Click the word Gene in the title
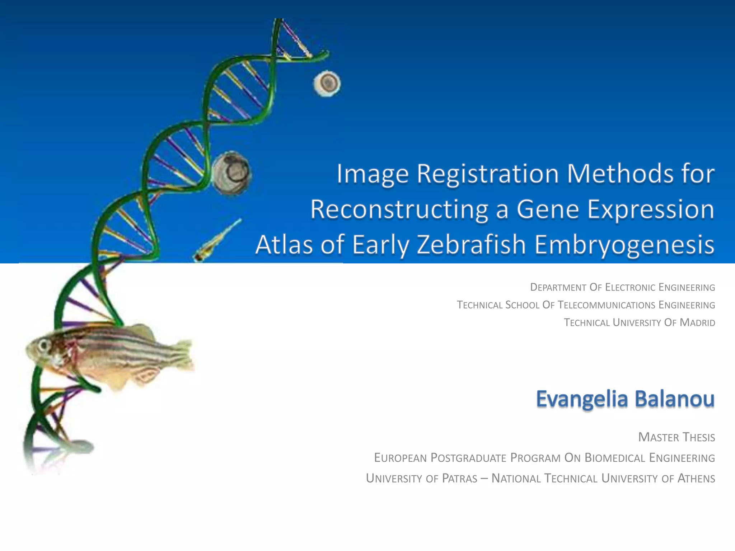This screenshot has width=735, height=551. point(548,209)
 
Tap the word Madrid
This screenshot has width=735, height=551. point(697,322)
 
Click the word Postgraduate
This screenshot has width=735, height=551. point(468,458)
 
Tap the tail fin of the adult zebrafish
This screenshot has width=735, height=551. point(183,355)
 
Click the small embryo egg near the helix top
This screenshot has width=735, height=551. point(327,83)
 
